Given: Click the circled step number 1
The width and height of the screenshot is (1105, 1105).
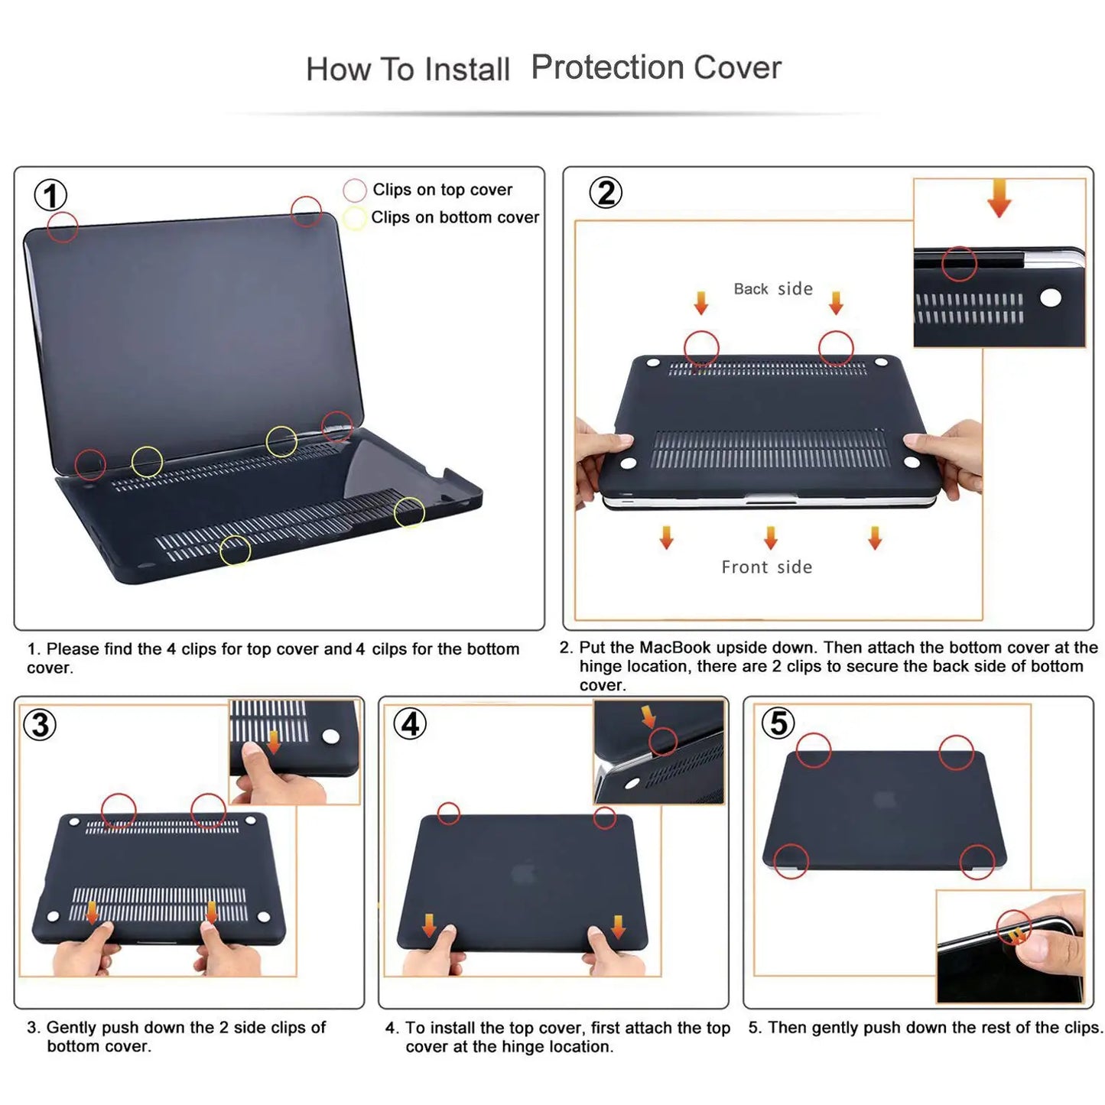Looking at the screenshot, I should [x=50, y=196].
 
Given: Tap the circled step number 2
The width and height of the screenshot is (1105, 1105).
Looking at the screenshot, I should [x=606, y=193].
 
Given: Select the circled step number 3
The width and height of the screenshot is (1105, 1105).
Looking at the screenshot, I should [x=41, y=724].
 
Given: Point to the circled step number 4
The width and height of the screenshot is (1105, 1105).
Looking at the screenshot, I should [x=411, y=723].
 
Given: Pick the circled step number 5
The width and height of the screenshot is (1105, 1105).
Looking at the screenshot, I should [x=778, y=723].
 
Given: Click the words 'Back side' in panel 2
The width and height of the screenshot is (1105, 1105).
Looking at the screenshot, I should [x=772, y=289].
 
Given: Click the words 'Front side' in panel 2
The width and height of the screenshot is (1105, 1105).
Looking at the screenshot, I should [x=766, y=567].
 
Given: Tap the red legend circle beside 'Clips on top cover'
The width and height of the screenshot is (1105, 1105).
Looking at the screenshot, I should [x=355, y=190].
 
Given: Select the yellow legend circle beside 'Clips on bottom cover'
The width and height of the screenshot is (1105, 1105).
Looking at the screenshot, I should [x=354, y=218].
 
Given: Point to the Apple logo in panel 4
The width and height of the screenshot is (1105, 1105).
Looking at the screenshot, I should [x=523, y=873].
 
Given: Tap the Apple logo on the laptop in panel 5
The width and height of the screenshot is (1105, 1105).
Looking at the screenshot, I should [x=885, y=800].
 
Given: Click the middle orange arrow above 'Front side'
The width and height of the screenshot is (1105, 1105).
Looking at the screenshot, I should [x=770, y=537].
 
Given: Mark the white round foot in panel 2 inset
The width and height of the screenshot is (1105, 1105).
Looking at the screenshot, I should [x=1051, y=297].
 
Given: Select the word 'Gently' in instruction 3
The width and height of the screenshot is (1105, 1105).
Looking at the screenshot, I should [x=71, y=1027].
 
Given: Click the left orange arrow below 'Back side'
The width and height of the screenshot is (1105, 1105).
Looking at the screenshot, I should [x=701, y=303].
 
